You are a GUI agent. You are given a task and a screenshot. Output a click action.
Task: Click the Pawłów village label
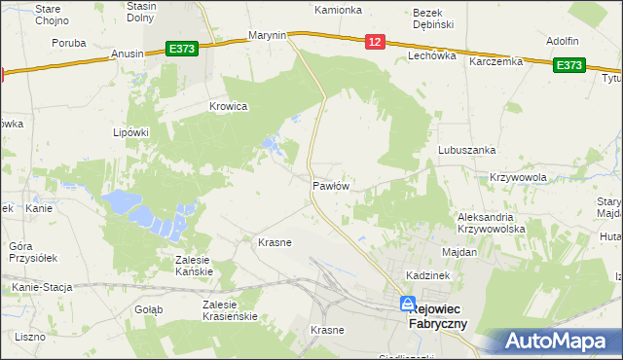(331, 185)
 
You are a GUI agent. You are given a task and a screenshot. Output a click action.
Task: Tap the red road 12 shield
(376, 41)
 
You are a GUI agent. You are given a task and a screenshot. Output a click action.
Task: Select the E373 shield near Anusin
(182, 48)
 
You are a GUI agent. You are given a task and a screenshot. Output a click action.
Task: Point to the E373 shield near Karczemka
(569, 65)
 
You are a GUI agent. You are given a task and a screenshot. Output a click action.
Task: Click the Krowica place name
(229, 106)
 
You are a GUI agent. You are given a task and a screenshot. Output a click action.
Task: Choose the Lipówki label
(129, 132)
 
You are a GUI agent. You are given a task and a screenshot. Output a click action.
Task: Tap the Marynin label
(267, 35)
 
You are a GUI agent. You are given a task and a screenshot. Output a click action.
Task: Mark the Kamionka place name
(338, 10)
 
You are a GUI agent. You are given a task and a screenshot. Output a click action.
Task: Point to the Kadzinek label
(428, 276)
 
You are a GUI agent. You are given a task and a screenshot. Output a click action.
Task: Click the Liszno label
(30, 336)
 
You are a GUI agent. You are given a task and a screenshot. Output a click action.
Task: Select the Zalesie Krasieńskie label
(229, 310)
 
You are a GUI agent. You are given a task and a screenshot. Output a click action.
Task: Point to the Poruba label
(69, 43)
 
